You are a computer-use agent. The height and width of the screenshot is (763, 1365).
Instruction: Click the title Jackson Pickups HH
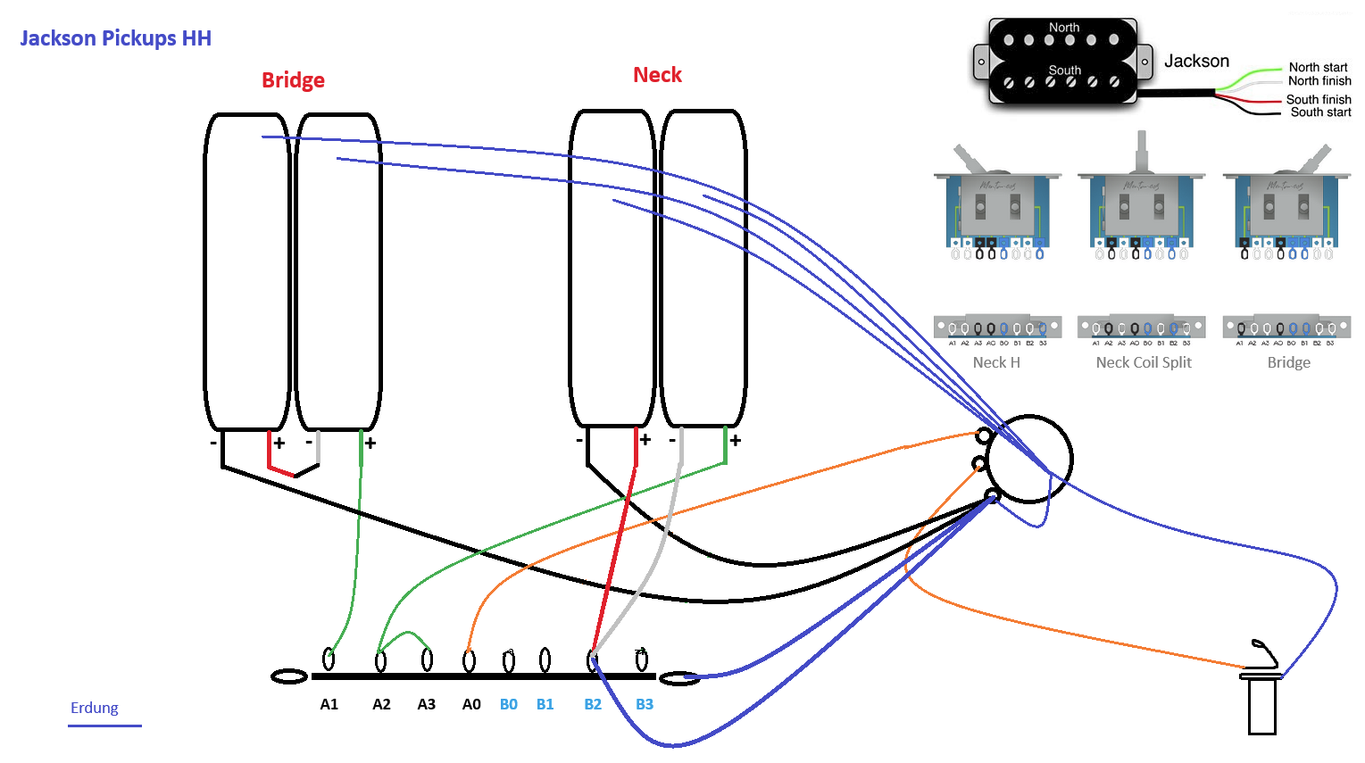click(115, 38)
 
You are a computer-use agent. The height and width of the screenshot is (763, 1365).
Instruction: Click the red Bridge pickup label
click(293, 80)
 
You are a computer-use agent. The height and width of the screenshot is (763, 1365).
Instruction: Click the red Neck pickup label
click(657, 75)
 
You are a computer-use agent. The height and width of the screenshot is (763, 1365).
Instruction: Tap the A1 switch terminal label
click(329, 704)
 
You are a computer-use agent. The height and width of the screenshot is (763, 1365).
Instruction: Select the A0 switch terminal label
click(471, 704)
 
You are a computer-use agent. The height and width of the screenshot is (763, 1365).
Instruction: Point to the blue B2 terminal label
click(593, 704)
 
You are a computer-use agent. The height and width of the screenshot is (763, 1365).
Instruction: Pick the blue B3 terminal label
click(645, 704)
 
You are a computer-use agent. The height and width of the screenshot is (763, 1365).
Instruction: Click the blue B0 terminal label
click(509, 704)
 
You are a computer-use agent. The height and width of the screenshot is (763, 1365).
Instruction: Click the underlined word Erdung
click(95, 708)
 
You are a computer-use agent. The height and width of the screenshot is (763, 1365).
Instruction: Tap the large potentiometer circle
click(1029, 459)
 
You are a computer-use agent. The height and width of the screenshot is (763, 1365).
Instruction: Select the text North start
click(1318, 67)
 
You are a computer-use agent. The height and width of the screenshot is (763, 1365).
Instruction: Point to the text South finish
click(1318, 99)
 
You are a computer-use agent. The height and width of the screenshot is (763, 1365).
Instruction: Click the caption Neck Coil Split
click(1144, 362)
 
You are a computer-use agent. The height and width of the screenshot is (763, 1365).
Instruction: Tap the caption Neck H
click(996, 362)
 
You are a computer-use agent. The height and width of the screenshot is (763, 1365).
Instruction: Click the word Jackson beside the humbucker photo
click(1196, 61)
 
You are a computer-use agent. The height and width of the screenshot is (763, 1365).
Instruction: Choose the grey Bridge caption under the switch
click(1289, 362)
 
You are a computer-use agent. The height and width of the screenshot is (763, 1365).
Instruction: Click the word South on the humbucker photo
click(1064, 70)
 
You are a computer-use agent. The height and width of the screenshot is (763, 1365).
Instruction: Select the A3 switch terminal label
click(427, 704)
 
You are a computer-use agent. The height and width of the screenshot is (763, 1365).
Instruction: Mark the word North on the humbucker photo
click(1064, 28)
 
